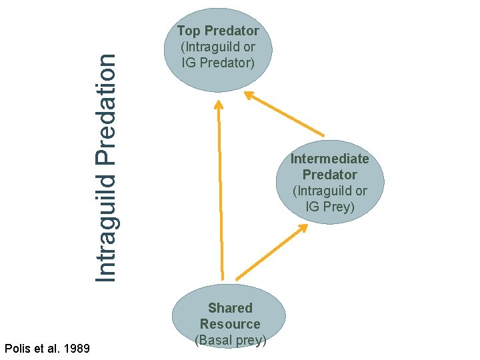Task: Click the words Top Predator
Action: coord(218,31)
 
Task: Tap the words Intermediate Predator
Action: coord(329,167)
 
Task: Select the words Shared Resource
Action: coord(230,316)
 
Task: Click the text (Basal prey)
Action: coord(231,341)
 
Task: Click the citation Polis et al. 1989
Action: coord(47,347)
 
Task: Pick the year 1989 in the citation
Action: coord(77,347)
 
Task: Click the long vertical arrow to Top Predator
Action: coord(220,193)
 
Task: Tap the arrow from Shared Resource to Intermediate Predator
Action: coord(270,253)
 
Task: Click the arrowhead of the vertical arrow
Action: coord(217,105)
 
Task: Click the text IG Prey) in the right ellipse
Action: coord(330,207)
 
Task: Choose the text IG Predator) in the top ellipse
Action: coord(218,63)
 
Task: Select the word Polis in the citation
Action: coord(18,347)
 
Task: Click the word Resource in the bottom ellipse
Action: coord(230,324)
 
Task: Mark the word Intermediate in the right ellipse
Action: coord(329,159)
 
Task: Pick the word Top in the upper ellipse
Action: coord(188,31)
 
